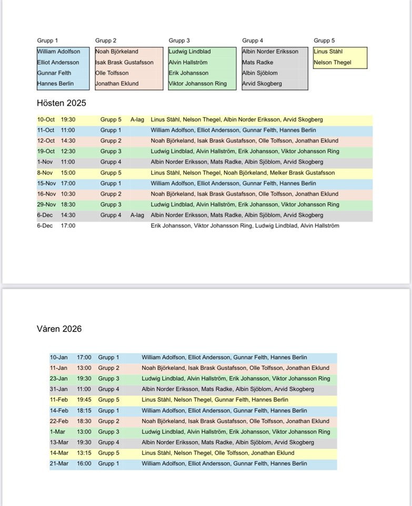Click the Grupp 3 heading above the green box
click(x=179, y=41)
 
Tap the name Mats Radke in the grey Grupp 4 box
click(x=258, y=62)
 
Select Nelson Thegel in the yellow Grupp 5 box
click(x=332, y=62)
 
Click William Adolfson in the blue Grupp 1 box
click(x=59, y=52)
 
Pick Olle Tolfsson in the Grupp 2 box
click(x=112, y=73)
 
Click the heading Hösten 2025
click(x=61, y=103)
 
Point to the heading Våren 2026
click(x=59, y=329)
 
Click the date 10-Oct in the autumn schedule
click(x=46, y=120)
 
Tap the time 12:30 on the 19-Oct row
click(x=68, y=151)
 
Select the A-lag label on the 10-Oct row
click(x=137, y=120)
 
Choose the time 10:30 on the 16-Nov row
click(x=68, y=194)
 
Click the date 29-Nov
click(x=46, y=205)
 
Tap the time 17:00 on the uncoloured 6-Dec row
click(x=68, y=226)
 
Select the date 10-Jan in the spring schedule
click(x=58, y=357)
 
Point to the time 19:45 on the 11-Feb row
click(x=84, y=400)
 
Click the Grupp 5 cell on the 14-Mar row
click(x=108, y=453)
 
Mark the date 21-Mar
click(x=59, y=464)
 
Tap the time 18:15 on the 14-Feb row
click(x=84, y=411)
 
